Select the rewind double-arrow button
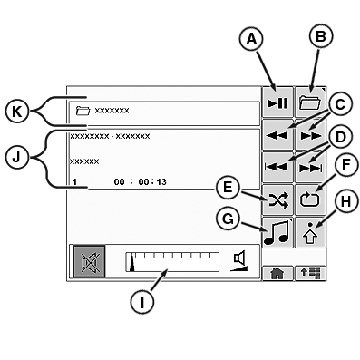point(277,133)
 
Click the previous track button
point(277,164)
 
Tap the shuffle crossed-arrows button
point(277,197)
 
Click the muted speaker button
point(88,262)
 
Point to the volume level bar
point(173,262)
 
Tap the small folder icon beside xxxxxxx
point(83,111)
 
